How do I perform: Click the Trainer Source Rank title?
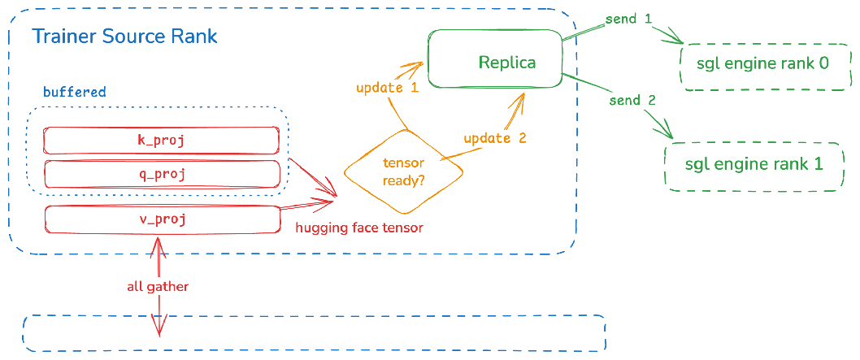click(125, 37)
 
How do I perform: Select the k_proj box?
click(161, 141)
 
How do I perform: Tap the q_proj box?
click(161, 174)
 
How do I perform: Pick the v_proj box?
click(161, 219)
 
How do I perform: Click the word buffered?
click(75, 92)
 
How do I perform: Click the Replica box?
click(495, 62)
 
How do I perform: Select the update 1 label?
click(387, 88)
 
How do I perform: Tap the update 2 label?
click(495, 138)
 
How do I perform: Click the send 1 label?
click(628, 19)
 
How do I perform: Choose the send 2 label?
click(632, 100)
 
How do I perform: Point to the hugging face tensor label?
click(359, 228)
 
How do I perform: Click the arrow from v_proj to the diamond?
click(308, 206)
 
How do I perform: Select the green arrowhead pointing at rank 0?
click(674, 37)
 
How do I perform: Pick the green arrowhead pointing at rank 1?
click(663, 128)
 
